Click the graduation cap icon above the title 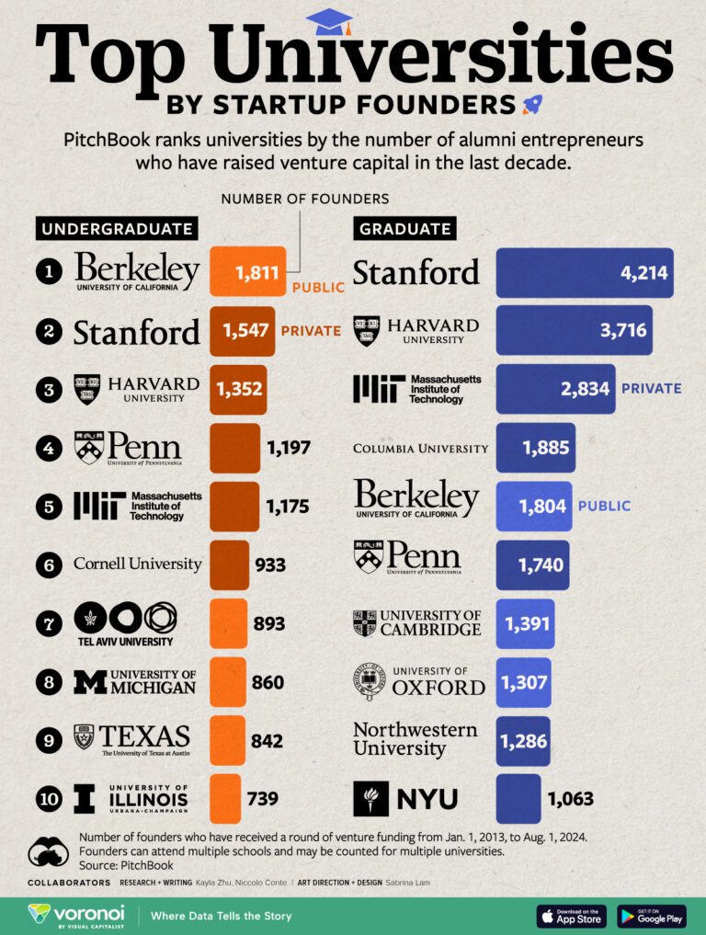(x=328, y=20)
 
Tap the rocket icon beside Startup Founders (x=530, y=104)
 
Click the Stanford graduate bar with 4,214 (x=585, y=273)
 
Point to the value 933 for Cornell (x=270, y=564)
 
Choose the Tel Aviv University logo (x=124, y=622)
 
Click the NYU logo (x=405, y=799)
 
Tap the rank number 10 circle (x=49, y=798)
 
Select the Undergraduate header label (x=116, y=229)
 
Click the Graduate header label (x=405, y=229)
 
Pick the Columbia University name (x=420, y=449)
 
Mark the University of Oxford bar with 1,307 (x=523, y=682)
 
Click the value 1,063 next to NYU (x=570, y=799)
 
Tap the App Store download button (x=571, y=916)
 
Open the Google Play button (x=651, y=916)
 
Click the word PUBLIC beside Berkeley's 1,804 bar (x=604, y=506)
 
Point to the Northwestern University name (x=416, y=739)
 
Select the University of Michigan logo (x=134, y=681)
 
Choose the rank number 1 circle (x=49, y=272)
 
